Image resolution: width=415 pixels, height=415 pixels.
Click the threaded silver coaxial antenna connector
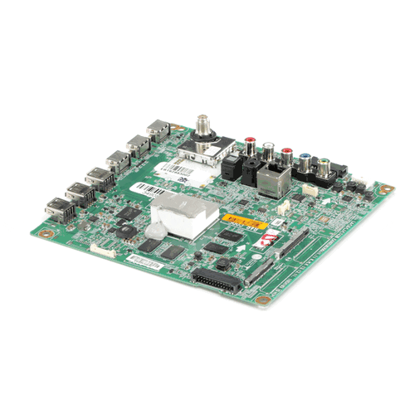click(201, 126)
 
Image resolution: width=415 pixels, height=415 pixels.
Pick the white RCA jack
click(267, 150)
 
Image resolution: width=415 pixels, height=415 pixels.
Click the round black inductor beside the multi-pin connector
click(224, 264)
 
